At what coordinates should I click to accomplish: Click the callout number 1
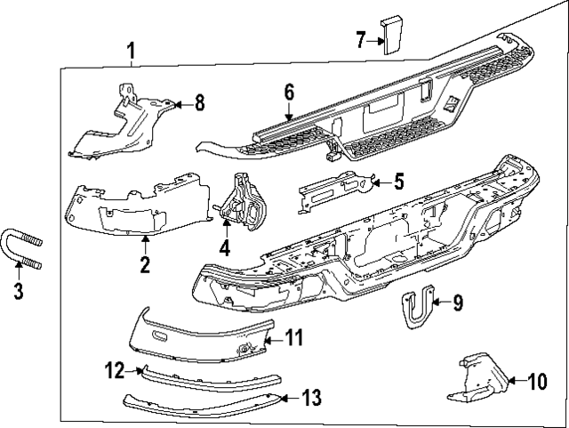[131, 51]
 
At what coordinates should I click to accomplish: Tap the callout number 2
[144, 264]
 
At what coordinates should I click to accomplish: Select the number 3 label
[18, 290]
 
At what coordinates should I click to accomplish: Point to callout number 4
[225, 248]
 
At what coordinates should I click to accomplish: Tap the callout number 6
[289, 92]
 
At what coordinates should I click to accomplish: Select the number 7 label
[361, 39]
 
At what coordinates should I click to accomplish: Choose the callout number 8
[198, 104]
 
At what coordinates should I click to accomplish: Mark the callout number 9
[458, 303]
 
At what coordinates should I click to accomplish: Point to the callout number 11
[293, 337]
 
